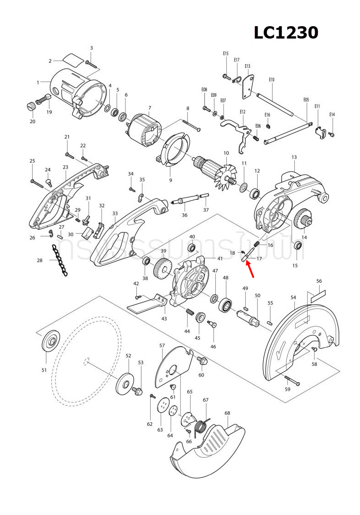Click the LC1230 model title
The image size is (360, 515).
tap(286, 33)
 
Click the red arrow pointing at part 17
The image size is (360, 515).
tap(251, 269)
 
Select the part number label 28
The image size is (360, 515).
tap(40, 260)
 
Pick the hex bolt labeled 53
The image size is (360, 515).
tap(138, 391)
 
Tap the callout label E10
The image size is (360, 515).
tap(271, 80)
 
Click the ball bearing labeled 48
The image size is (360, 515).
tap(226, 305)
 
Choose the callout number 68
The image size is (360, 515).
tap(227, 413)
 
